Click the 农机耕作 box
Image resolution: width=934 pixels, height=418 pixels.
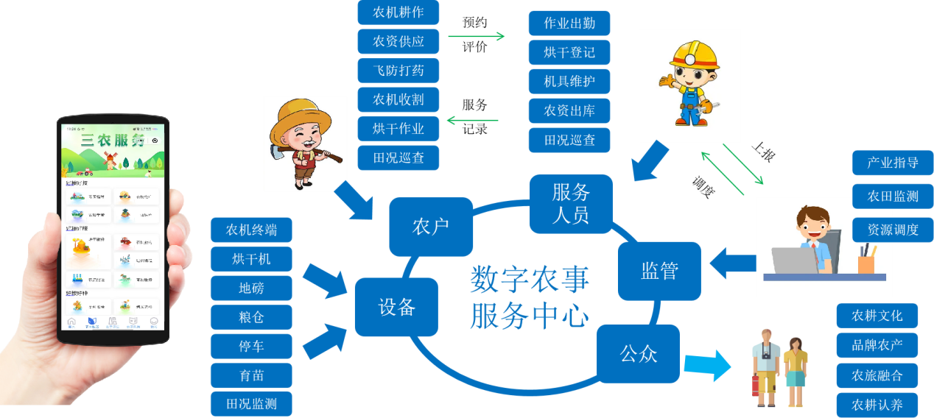click(398, 13)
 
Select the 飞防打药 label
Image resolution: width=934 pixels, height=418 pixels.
click(398, 71)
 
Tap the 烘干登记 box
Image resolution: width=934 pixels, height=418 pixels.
click(569, 52)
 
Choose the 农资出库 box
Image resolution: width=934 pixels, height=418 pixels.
click(569, 111)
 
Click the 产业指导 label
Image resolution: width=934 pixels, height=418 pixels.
click(893, 163)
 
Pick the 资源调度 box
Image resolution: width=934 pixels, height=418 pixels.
click(893, 230)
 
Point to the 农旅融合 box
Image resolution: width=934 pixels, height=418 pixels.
click(877, 375)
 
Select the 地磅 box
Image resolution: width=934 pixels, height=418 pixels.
click(251, 288)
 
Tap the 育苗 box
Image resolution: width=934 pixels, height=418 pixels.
click(251, 375)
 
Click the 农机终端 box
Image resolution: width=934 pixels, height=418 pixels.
click(251, 230)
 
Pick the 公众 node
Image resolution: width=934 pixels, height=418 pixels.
click(638, 354)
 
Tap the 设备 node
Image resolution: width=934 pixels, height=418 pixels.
click(397, 307)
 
